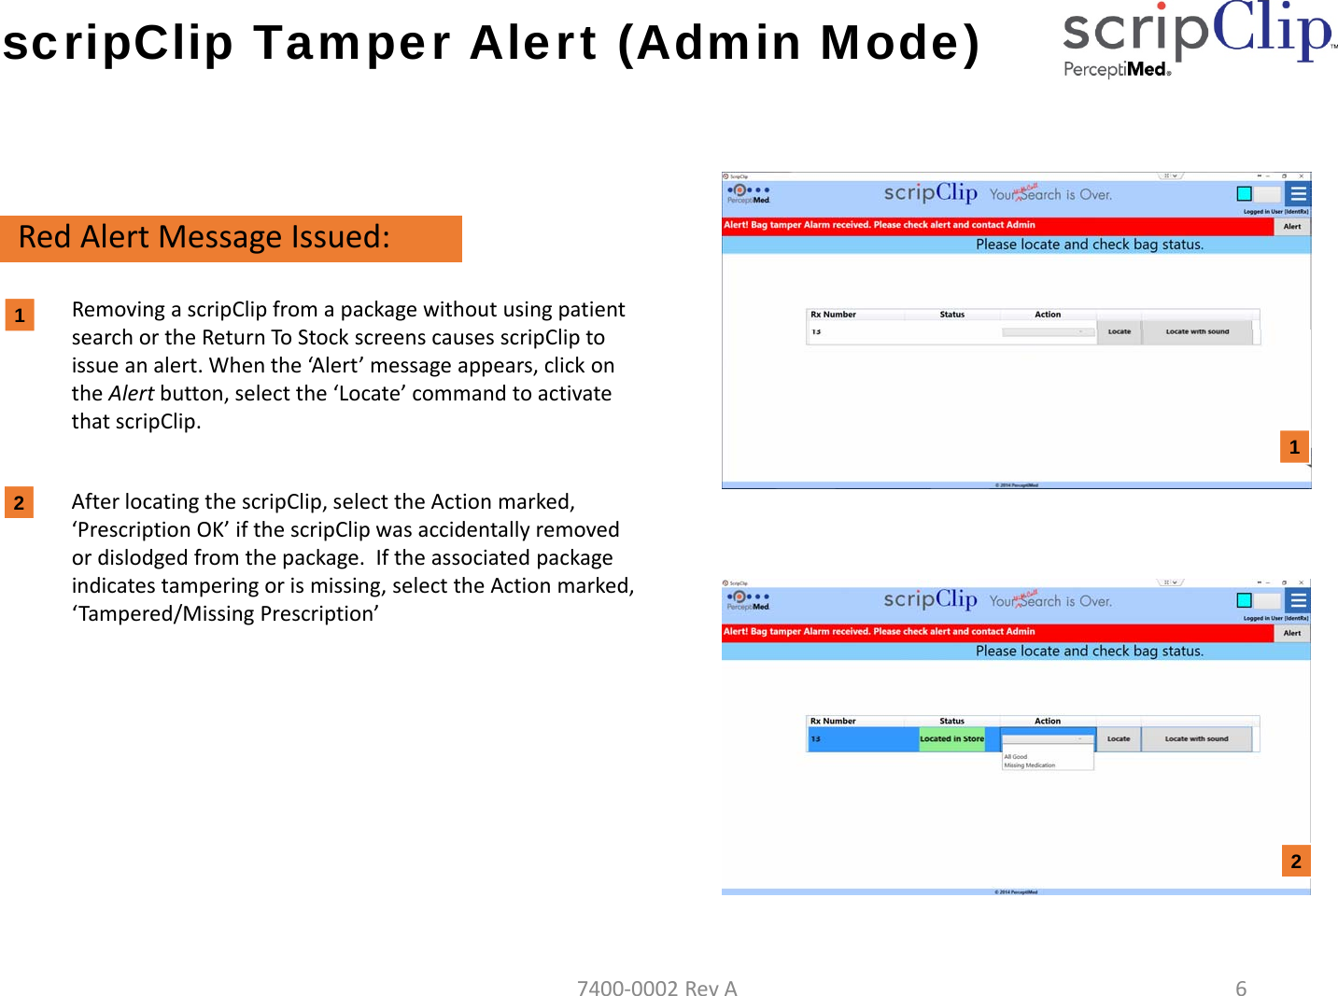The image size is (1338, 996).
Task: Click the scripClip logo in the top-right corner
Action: tap(1197, 37)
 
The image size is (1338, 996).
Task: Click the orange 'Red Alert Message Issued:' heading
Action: tap(231, 238)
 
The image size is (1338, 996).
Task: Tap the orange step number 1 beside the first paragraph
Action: tap(20, 316)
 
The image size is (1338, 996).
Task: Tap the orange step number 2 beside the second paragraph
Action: tap(19, 503)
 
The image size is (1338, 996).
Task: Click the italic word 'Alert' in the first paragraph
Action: tap(131, 394)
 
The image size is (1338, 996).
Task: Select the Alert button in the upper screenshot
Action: tap(1291, 226)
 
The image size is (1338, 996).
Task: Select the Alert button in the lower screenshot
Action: tap(1291, 633)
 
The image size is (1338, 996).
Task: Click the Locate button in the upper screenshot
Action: tap(1119, 331)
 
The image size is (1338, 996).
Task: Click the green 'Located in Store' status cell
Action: tap(951, 738)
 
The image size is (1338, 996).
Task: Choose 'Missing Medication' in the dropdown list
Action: tap(1030, 765)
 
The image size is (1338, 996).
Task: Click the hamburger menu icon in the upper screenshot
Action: tap(1298, 194)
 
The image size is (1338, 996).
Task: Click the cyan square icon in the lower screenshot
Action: tap(1244, 600)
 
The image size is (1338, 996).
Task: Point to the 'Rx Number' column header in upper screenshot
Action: tap(833, 315)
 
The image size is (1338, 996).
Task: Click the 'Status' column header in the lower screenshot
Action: tap(951, 721)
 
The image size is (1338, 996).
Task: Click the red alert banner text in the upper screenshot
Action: tap(879, 225)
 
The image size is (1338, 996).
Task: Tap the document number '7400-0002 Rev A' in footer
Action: tap(656, 988)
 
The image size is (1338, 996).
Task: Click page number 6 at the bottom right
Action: tap(1240, 988)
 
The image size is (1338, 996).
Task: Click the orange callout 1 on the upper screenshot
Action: tap(1293, 447)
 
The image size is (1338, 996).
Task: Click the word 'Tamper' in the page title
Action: tap(353, 43)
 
